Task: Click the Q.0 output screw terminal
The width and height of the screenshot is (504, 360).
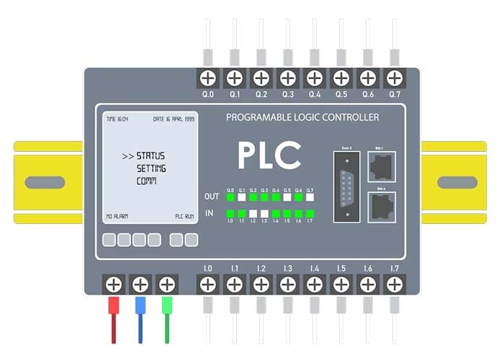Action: [x=208, y=77]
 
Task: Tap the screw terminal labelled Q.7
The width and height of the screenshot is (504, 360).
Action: [x=394, y=77]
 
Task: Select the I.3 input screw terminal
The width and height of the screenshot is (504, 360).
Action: [x=287, y=284]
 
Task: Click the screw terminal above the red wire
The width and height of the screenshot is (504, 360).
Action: [x=113, y=284]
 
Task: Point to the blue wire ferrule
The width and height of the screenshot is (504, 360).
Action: [x=140, y=305]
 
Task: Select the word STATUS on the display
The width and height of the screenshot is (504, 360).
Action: [x=150, y=156]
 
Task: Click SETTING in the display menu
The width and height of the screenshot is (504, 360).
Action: [x=151, y=168]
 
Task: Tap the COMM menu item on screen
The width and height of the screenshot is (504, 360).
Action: [x=147, y=181]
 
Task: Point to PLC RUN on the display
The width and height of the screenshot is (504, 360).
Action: [x=184, y=216]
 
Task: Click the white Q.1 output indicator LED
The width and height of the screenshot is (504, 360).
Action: [x=242, y=197]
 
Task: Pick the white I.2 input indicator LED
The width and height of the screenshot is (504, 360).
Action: [x=253, y=213]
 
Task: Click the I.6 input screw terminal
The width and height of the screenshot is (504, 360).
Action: [x=367, y=284]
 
